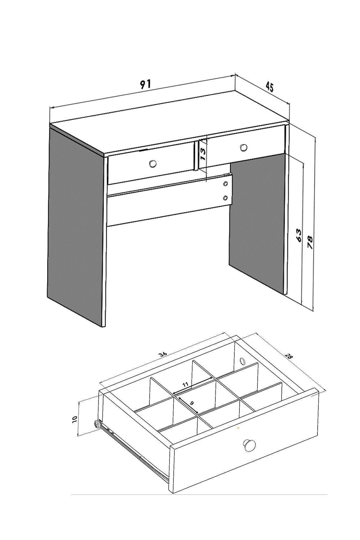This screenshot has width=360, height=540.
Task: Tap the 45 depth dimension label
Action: click(269, 87)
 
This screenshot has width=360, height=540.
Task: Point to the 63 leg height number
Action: click(298, 235)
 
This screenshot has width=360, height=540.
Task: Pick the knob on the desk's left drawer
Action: click(153, 163)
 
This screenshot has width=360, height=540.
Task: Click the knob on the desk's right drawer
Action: click(244, 147)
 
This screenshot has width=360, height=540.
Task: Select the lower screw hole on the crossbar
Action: click(226, 197)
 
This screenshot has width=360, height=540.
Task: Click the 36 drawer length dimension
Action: click(163, 354)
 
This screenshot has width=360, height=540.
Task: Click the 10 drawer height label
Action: click(75, 418)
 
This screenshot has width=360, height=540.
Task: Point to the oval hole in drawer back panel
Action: click(242, 360)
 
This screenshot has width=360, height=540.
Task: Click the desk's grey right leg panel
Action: click(257, 222)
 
